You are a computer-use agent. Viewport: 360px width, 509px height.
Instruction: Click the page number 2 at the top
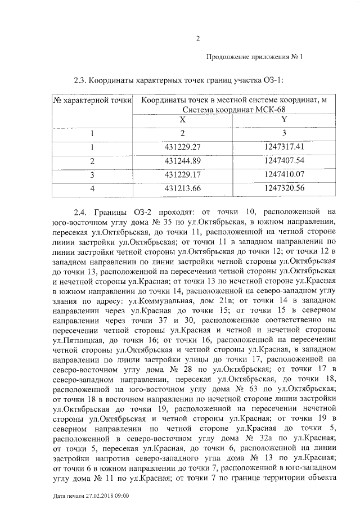tap(197, 38)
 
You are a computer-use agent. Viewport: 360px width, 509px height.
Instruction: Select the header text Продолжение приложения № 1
tap(255, 57)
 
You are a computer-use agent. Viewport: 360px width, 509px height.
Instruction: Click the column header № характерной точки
tap(92, 100)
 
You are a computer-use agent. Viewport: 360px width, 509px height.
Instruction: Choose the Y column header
tap(284, 120)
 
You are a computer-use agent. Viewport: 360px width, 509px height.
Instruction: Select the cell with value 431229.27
tap(182, 147)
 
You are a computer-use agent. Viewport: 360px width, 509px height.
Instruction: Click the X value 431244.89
tap(182, 161)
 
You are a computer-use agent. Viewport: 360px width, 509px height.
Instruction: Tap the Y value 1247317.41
tap(284, 147)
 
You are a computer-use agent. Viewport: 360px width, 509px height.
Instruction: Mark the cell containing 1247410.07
tap(284, 174)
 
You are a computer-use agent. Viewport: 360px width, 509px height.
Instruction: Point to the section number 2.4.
tap(82, 213)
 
